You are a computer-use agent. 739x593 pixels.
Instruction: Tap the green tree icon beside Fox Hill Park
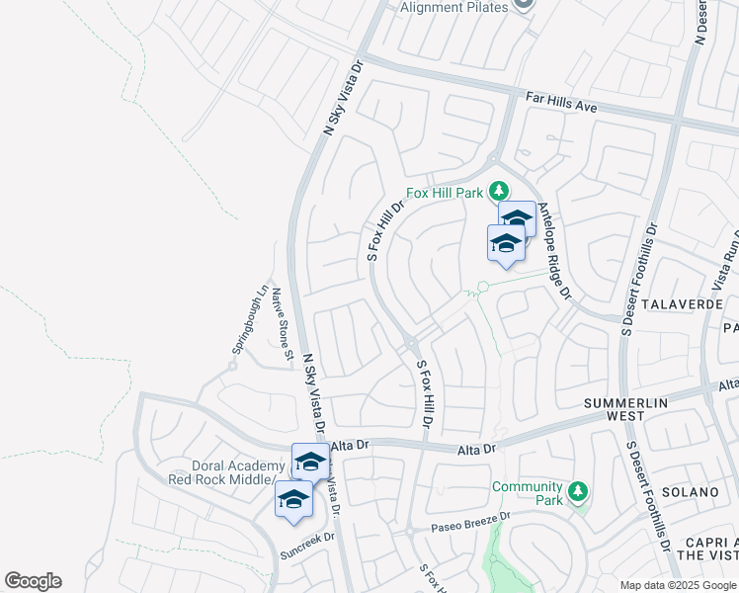[x=499, y=190]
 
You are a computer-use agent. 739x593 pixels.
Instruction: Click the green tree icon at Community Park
[x=578, y=491]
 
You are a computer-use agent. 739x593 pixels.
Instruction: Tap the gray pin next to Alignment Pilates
[x=524, y=5]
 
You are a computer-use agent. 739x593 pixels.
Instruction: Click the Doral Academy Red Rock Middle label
[x=233, y=472]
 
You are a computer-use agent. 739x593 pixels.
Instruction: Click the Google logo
[x=33, y=581]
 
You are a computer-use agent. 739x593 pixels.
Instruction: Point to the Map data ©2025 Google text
[x=678, y=585]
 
